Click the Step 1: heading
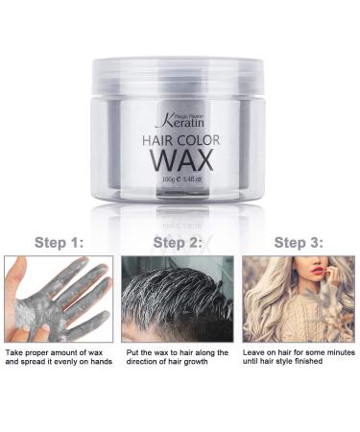coord(60,242)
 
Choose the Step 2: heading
coord(179,242)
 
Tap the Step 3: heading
coord(298,242)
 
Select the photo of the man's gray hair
coord(179,299)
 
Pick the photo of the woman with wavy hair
coord(299,299)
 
